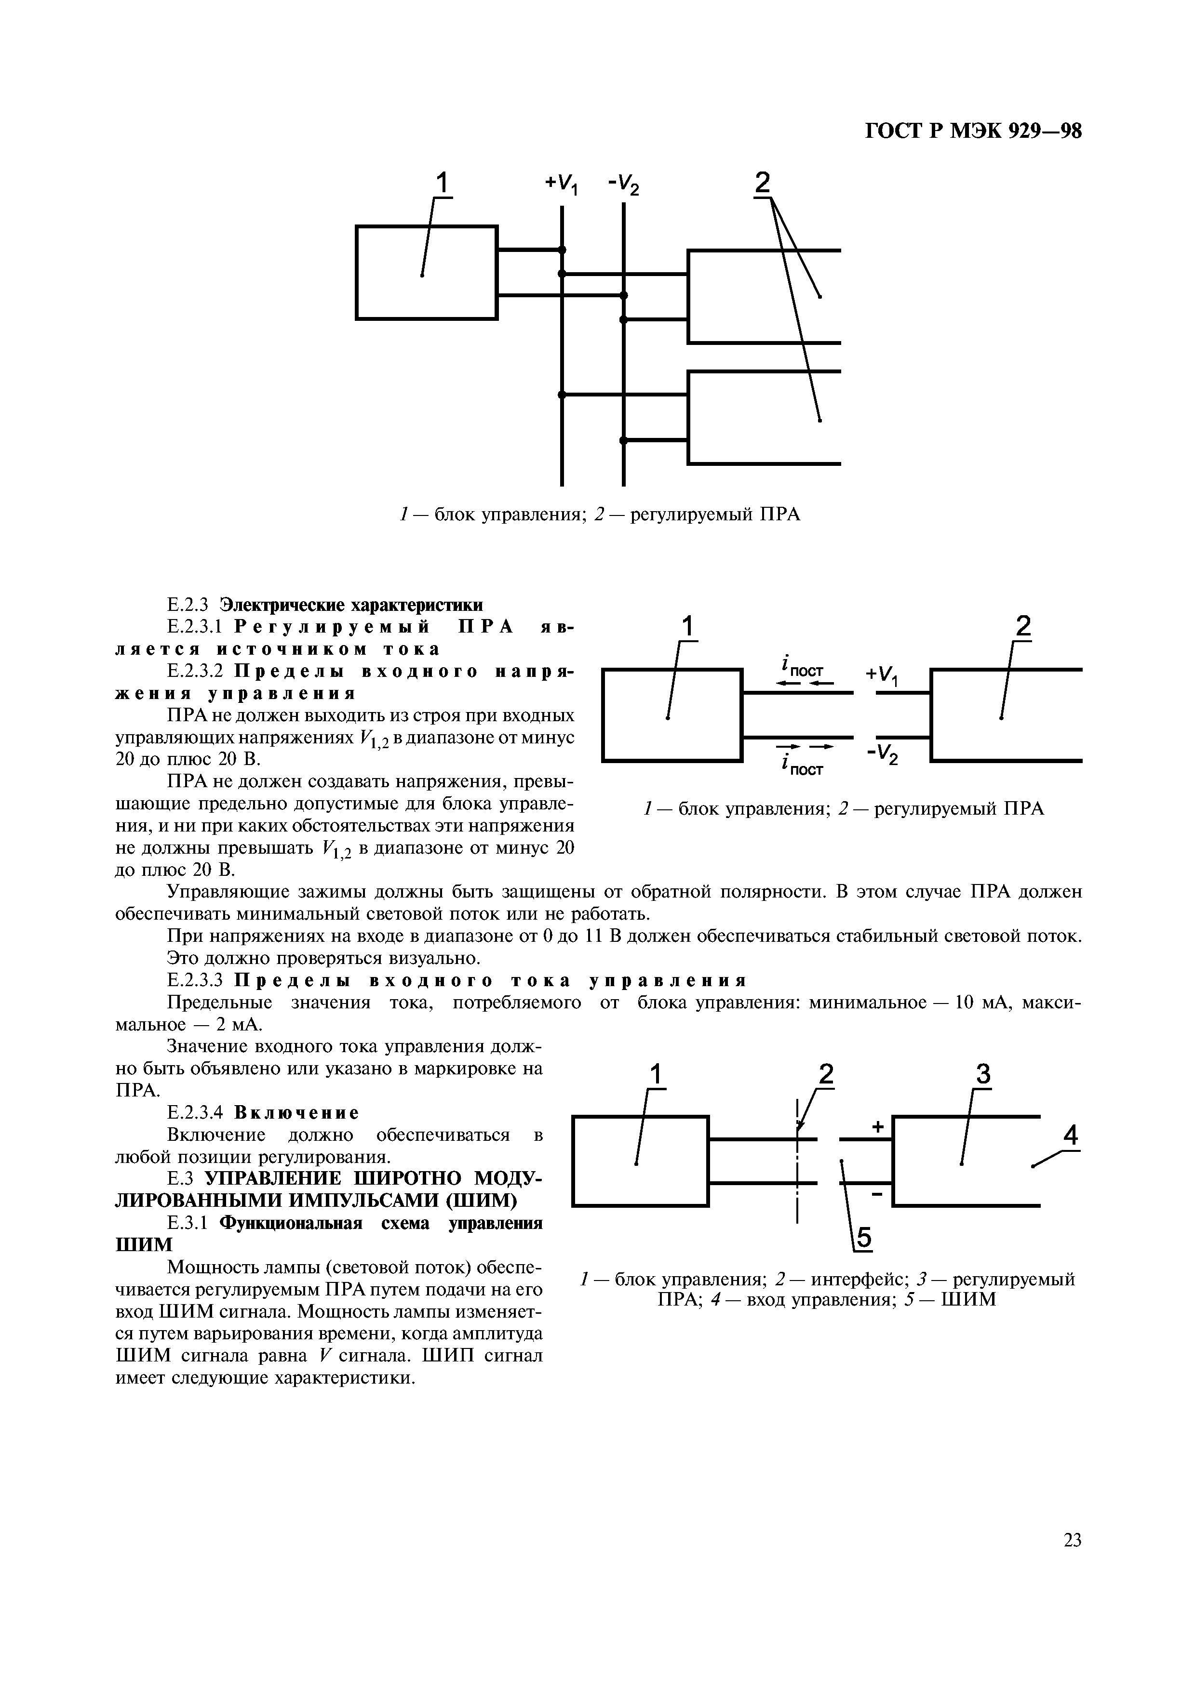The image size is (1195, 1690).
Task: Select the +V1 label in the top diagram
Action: tap(562, 184)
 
